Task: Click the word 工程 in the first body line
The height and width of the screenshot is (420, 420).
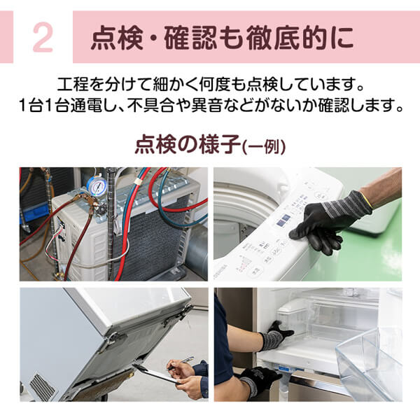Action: pyautogui.click(x=75, y=87)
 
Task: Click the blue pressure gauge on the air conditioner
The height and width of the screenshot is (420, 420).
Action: pyautogui.click(x=98, y=186)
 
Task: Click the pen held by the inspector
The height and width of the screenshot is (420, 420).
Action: pyautogui.click(x=181, y=362)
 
